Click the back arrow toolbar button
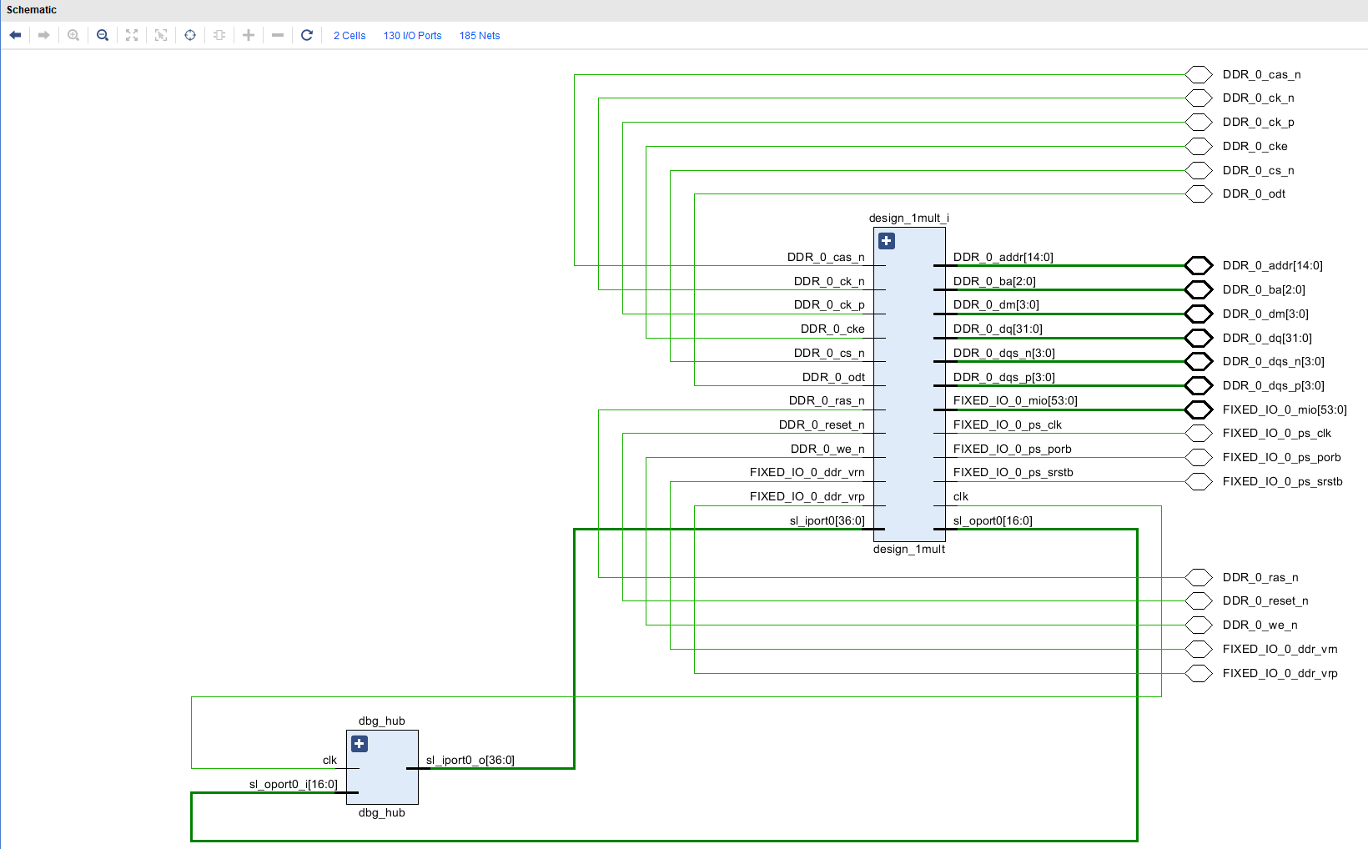pyautogui.click(x=15, y=35)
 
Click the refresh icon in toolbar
pyautogui.click(x=307, y=35)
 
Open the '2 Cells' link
pyautogui.click(x=350, y=36)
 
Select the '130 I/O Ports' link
pyautogui.click(x=412, y=36)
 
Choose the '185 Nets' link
pyautogui.click(x=480, y=36)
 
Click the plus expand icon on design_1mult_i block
pyautogui.click(x=887, y=241)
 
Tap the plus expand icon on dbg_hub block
pyautogui.click(x=360, y=744)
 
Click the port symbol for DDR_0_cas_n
pyautogui.click(x=1199, y=74)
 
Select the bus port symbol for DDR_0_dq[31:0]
pyautogui.click(x=1199, y=338)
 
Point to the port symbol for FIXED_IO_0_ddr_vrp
pyautogui.click(x=1199, y=673)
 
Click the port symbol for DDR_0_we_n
pyautogui.click(x=1199, y=625)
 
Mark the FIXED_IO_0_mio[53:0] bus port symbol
pyautogui.click(x=1199, y=409)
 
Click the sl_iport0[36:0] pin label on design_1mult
pyautogui.click(x=827, y=520)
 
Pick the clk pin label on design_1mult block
pyautogui.click(x=961, y=496)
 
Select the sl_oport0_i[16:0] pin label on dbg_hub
pyautogui.click(x=293, y=784)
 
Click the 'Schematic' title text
pyautogui.click(x=32, y=10)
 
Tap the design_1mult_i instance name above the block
pyautogui.click(x=908, y=218)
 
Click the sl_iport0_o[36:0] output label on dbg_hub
pyautogui.click(x=470, y=760)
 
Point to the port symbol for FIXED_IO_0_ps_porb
pyautogui.click(x=1199, y=457)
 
